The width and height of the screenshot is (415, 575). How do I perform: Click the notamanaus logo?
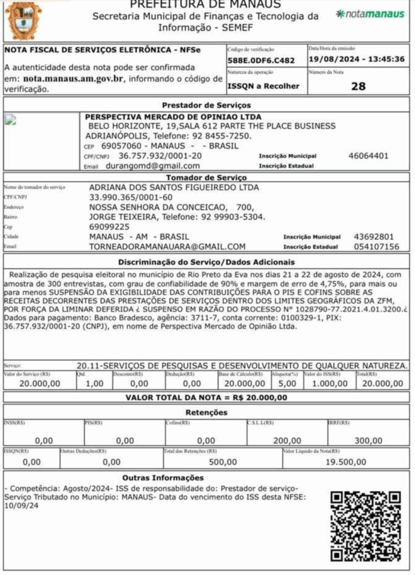tap(371, 14)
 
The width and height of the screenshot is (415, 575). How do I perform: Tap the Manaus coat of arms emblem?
tap(23, 20)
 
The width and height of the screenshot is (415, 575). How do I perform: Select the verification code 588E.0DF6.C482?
tap(261, 60)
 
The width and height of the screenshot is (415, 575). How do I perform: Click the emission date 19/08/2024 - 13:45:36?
tap(357, 59)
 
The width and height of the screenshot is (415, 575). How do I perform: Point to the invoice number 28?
tap(358, 86)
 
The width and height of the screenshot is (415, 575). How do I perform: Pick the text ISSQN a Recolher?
tap(263, 86)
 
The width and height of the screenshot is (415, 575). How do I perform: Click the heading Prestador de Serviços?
tap(207, 105)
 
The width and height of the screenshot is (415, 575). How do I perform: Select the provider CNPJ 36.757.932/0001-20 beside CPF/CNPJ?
tap(160, 156)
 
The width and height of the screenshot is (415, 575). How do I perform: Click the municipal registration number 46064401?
tap(368, 156)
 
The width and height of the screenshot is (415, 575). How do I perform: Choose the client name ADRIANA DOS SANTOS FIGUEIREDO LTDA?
tap(174, 188)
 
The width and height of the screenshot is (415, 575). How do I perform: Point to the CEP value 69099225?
tap(110, 227)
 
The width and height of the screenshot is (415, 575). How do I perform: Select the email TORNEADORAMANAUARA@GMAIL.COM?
tap(167, 247)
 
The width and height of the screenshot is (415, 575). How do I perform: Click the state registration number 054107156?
tap(376, 247)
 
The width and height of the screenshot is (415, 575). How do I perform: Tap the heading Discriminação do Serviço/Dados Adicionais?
tap(207, 262)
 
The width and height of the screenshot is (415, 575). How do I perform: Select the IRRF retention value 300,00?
tap(368, 441)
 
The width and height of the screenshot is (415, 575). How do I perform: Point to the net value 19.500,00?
tap(346, 462)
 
